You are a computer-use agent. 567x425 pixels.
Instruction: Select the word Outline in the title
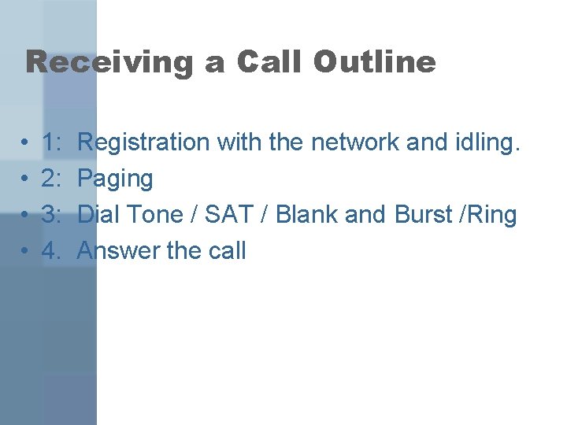[x=373, y=62]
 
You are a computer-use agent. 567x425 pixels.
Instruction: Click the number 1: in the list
[x=54, y=142]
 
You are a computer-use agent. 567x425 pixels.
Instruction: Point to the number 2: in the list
[x=54, y=179]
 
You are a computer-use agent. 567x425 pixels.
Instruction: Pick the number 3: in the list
[x=54, y=215]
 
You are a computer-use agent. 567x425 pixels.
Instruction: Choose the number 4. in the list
[x=54, y=251]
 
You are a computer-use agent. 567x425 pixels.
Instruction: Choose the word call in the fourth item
[x=227, y=251]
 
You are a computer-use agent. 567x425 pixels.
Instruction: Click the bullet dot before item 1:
[x=26, y=143]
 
